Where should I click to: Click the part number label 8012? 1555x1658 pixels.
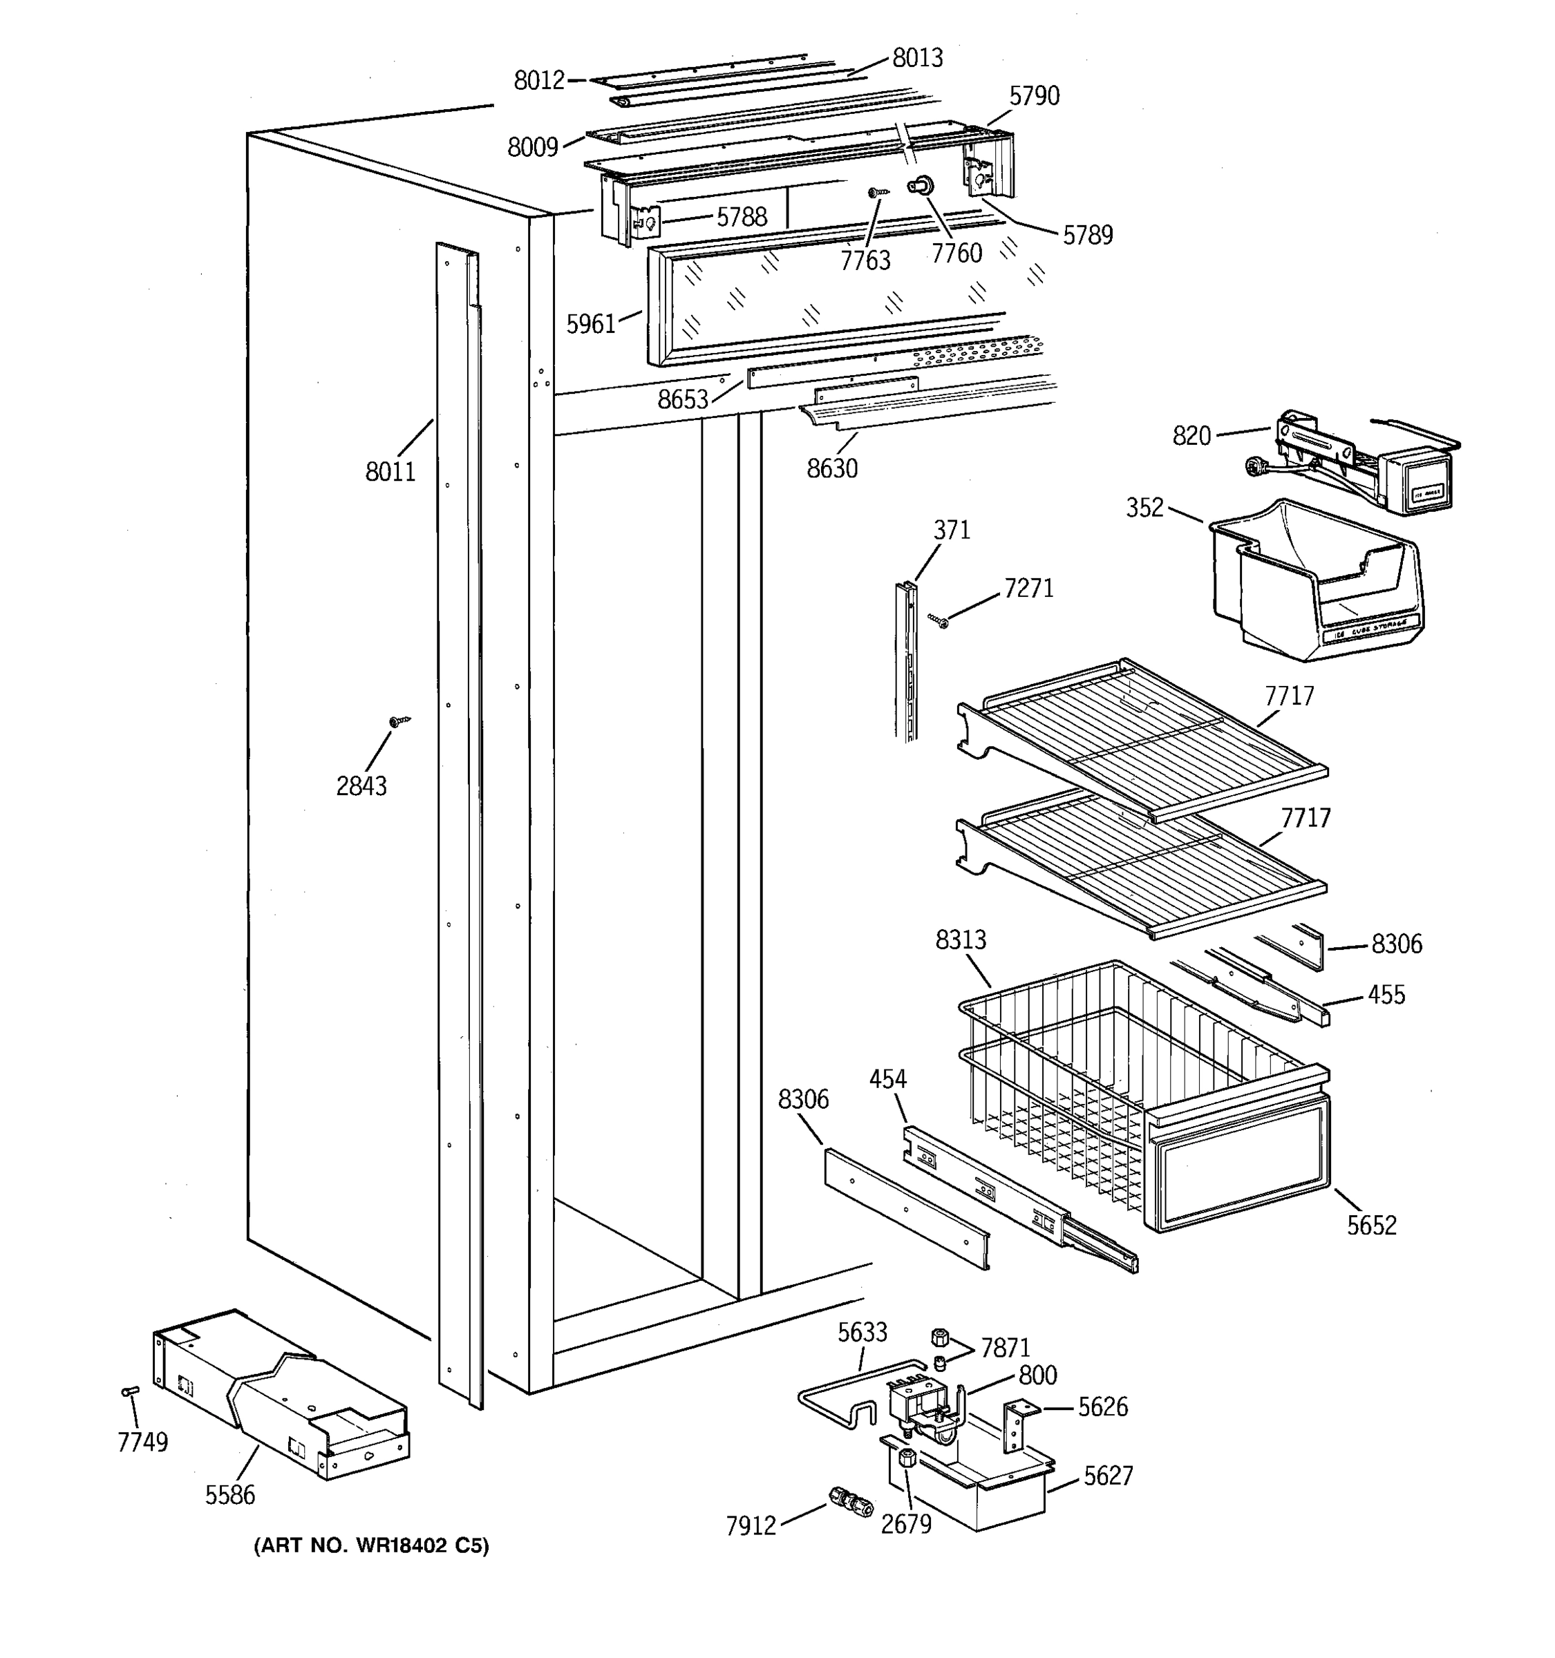[539, 80]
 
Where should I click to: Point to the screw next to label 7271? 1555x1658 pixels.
[938, 620]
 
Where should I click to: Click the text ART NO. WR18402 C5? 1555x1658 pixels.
[371, 1546]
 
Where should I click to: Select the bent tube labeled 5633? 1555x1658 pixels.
[851, 1397]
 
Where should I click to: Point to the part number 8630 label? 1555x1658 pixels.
[831, 468]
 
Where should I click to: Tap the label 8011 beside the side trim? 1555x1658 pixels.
[390, 472]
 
